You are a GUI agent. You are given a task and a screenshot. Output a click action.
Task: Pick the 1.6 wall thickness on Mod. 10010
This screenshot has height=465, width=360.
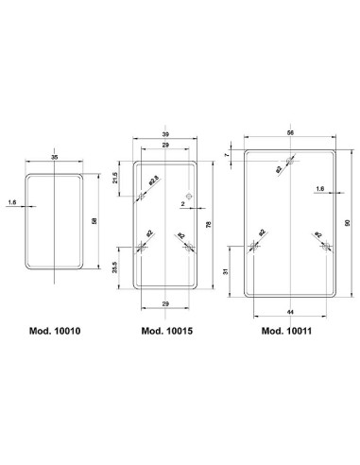click(x=11, y=202)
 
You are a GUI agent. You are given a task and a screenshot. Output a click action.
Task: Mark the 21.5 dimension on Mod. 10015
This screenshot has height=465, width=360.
click(x=115, y=179)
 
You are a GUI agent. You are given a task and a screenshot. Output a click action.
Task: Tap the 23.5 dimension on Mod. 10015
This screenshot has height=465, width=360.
click(x=115, y=268)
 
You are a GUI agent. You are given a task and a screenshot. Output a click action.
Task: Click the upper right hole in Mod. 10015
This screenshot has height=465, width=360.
click(x=190, y=197)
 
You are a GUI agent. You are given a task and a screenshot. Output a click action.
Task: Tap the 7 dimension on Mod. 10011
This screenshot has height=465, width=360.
click(x=228, y=154)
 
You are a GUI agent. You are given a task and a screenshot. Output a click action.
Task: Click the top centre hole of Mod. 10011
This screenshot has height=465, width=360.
click(x=291, y=163)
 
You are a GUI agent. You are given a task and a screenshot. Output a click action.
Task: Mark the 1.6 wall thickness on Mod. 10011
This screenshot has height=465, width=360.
click(x=321, y=190)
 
